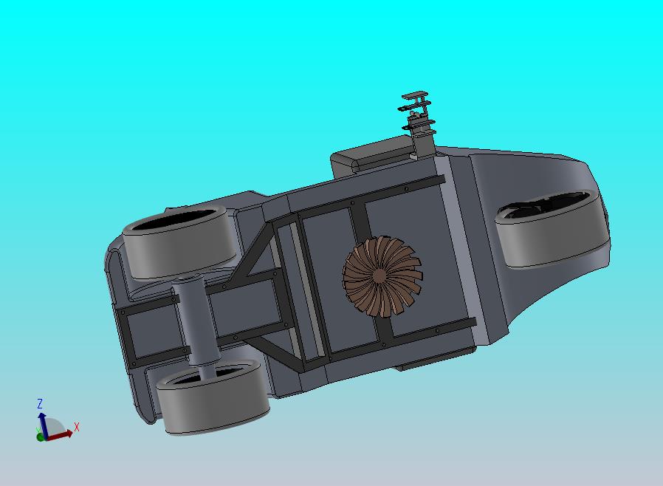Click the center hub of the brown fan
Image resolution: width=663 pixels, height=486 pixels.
[x=379, y=276]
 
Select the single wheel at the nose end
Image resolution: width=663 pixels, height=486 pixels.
[x=553, y=229]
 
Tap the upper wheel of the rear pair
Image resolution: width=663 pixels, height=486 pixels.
[x=181, y=242]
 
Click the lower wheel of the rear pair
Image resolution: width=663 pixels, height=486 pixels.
[x=213, y=397]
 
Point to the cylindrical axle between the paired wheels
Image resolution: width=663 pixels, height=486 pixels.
[x=195, y=321]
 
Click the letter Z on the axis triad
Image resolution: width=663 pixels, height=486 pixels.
[x=40, y=403]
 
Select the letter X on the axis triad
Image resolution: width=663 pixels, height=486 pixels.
[x=77, y=427]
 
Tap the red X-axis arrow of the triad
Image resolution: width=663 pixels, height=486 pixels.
[x=58, y=435]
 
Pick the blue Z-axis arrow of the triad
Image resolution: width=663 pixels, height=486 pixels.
[x=43, y=425]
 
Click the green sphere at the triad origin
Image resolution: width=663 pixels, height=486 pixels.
[x=41, y=437]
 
